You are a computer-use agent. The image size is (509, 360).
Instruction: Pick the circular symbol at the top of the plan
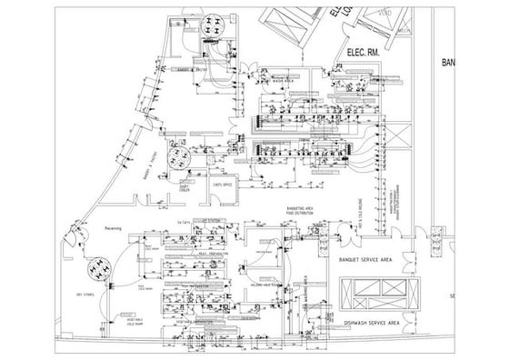[215, 25]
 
